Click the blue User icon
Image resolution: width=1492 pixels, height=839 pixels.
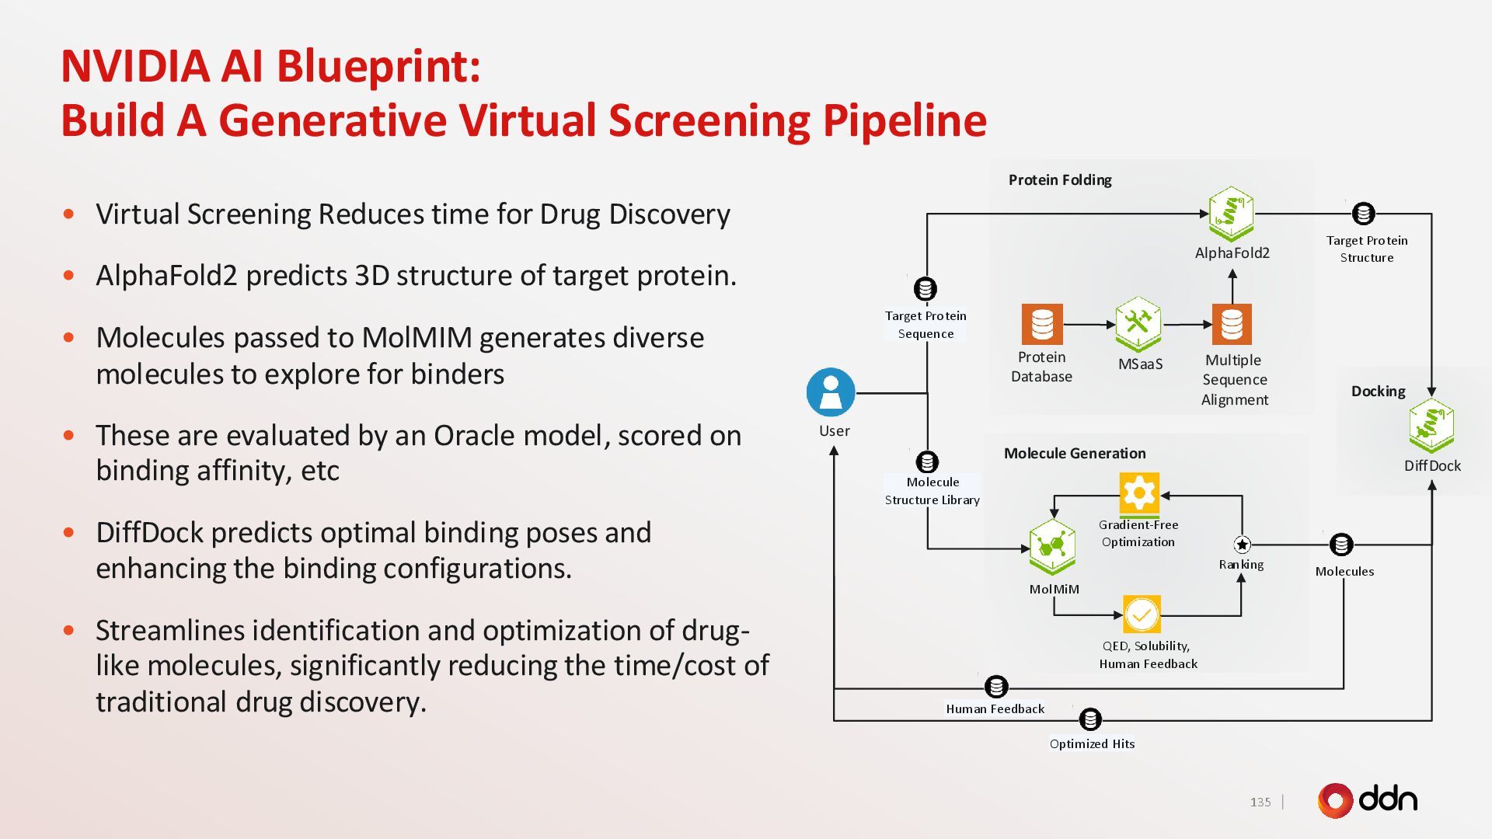pyautogui.click(x=831, y=392)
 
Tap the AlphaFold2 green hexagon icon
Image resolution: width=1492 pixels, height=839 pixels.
pyautogui.click(x=1231, y=213)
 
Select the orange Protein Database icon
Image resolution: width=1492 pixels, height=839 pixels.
pyautogui.click(x=1041, y=324)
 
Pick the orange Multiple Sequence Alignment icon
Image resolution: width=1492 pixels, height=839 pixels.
pyautogui.click(x=1232, y=324)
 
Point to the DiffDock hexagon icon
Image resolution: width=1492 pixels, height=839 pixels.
pyautogui.click(x=1431, y=426)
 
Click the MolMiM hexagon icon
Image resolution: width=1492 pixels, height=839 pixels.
pyautogui.click(x=1052, y=546)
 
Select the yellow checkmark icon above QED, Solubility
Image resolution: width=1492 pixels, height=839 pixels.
pyautogui.click(x=1142, y=615)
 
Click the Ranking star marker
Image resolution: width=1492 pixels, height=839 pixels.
pyautogui.click(x=1242, y=545)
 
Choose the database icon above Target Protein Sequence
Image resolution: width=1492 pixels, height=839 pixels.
pyautogui.click(x=925, y=289)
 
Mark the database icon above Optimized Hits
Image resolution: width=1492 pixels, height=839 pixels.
pyautogui.click(x=1090, y=719)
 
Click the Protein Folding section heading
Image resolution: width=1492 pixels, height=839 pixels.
pyautogui.click(x=1060, y=180)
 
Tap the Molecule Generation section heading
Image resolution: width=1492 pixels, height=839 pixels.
pyautogui.click(x=1075, y=454)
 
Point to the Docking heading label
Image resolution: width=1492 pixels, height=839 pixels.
pyautogui.click(x=1378, y=392)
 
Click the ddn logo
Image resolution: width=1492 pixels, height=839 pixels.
pyautogui.click(x=1368, y=800)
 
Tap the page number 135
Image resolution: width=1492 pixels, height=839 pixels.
pyautogui.click(x=1260, y=802)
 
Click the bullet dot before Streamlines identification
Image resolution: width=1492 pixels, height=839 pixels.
pyautogui.click(x=69, y=630)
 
